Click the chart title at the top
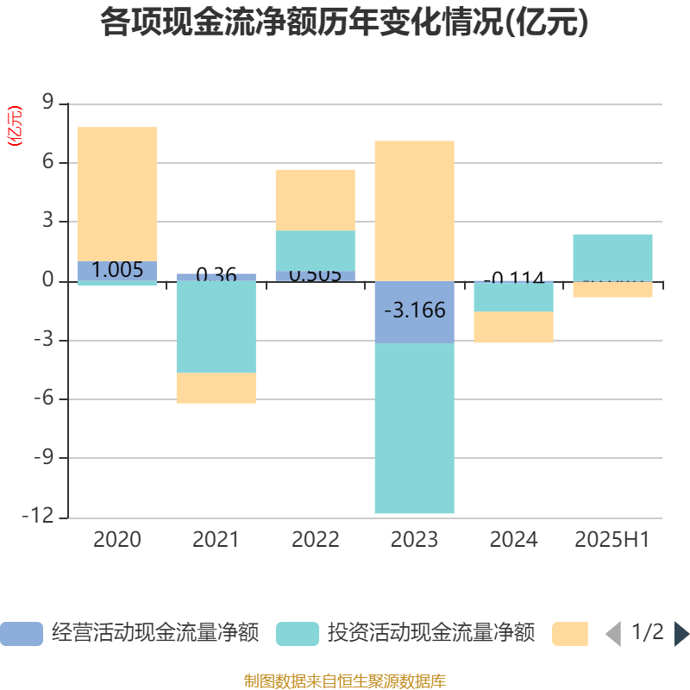pos(344,23)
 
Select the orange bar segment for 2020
pos(117,193)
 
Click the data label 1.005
pos(117,270)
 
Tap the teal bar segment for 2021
pos(216,327)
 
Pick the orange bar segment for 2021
pos(216,388)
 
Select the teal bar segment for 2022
pos(316,250)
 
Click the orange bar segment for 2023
pos(415,210)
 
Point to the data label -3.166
pos(415,310)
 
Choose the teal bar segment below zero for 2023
pos(415,428)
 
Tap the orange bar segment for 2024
pos(514,327)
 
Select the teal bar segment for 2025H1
pos(613,257)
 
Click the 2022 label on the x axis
pos(316,540)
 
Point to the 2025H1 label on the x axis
pos(612,540)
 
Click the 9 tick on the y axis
pos(48,103)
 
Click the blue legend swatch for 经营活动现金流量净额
pos(22,634)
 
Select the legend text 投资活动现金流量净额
pos(430,634)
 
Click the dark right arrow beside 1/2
pos(681,634)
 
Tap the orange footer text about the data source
pos(344,681)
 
